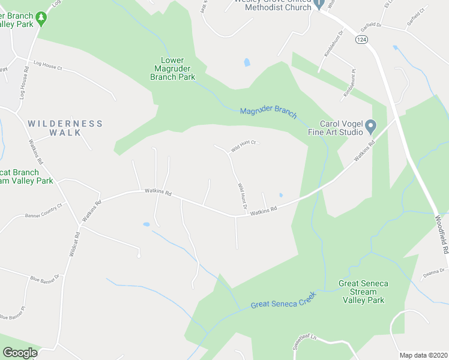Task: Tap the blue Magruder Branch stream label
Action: coord(268,111)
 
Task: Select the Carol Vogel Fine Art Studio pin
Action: coord(370,127)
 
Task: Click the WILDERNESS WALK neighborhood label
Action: coord(65,128)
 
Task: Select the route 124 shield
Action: coord(361,39)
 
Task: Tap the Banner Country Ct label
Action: coord(43,210)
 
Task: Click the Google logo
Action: coord(20,353)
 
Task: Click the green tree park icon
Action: coord(41,19)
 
